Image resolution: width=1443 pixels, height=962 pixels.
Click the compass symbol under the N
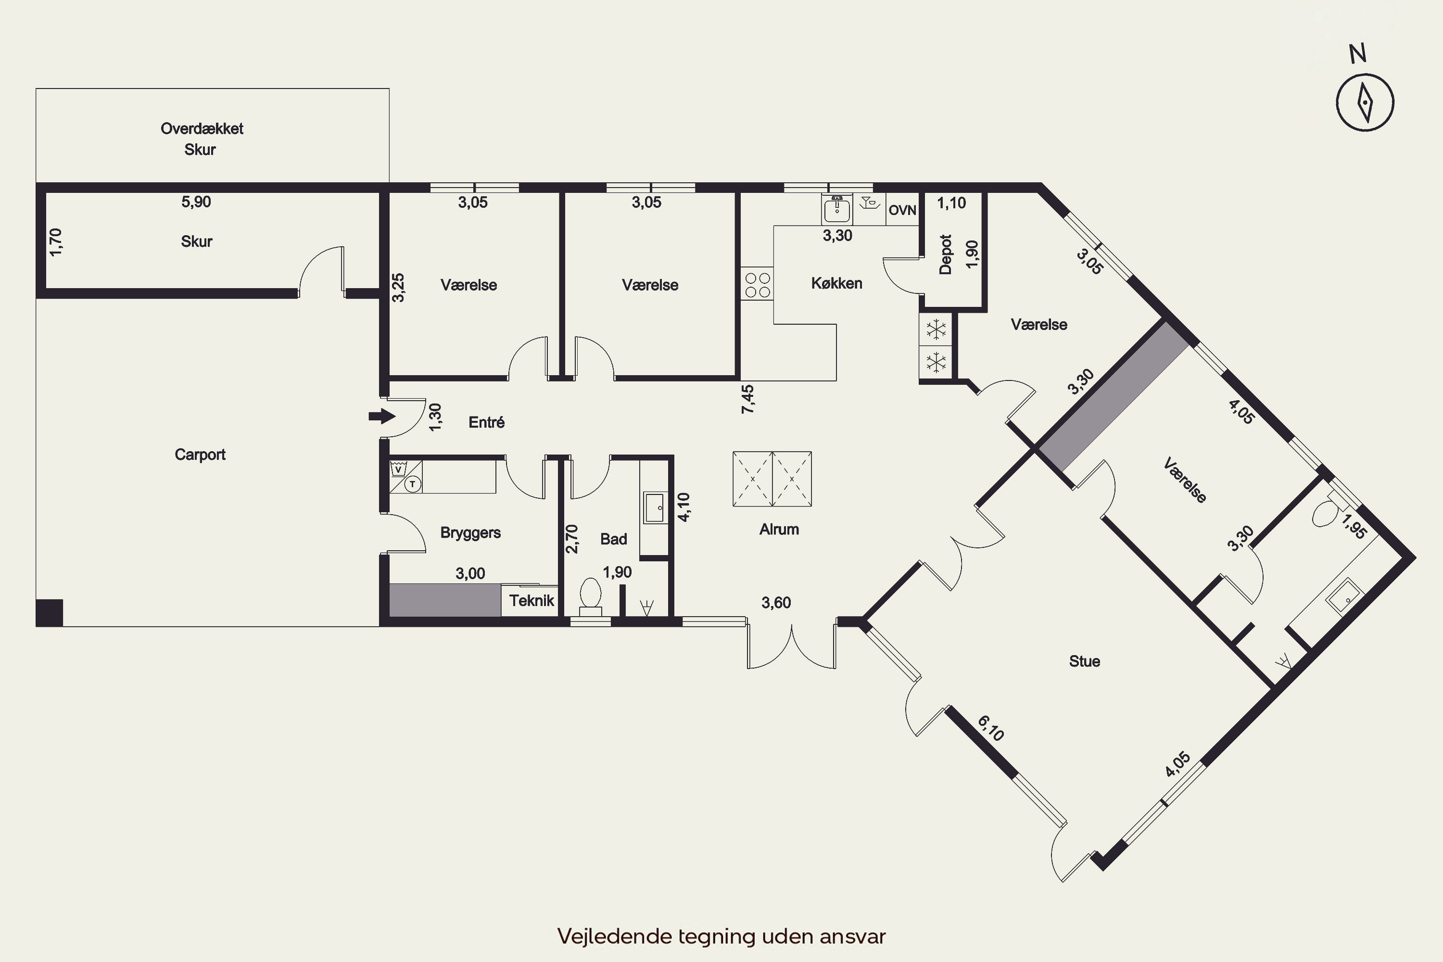coord(1365,102)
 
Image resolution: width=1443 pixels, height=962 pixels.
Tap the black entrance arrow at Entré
coord(381,417)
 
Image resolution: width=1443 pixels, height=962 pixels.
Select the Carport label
coord(200,455)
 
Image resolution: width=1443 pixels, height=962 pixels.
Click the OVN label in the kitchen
coord(902,211)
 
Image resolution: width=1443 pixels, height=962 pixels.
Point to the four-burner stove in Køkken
coord(758,284)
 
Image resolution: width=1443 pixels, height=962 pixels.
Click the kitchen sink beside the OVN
coord(837,209)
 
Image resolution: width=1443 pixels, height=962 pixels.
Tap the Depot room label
coord(946,254)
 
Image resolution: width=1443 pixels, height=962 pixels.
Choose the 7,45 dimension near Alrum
coord(747,399)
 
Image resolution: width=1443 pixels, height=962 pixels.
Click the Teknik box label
coord(532,601)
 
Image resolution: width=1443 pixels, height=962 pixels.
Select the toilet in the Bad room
coord(591,595)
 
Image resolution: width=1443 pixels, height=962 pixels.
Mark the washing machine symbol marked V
coord(398,469)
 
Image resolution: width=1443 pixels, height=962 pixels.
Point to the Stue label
coord(1084,661)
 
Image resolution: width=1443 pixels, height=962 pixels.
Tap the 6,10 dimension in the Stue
coord(990,728)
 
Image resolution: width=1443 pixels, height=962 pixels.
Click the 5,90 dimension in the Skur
coord(196,202)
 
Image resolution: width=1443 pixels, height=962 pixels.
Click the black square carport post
coord(49,612)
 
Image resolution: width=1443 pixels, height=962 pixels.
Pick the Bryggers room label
coord(470,532)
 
